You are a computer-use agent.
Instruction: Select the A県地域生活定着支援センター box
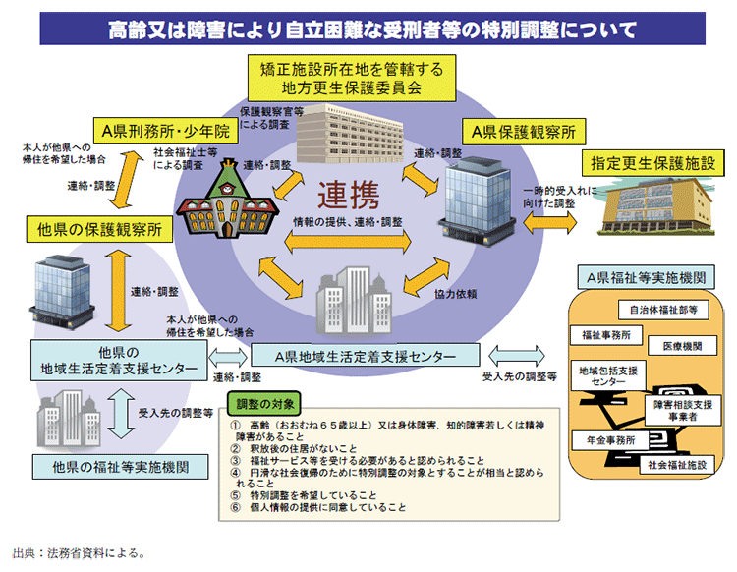tap(366, 355)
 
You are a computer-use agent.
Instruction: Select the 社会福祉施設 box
tap(679, 462)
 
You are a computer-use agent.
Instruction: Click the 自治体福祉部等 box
tap(663, 309)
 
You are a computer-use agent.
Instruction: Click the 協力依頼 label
tap(455, 293)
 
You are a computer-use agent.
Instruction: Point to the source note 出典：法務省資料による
tap(80, 552)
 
